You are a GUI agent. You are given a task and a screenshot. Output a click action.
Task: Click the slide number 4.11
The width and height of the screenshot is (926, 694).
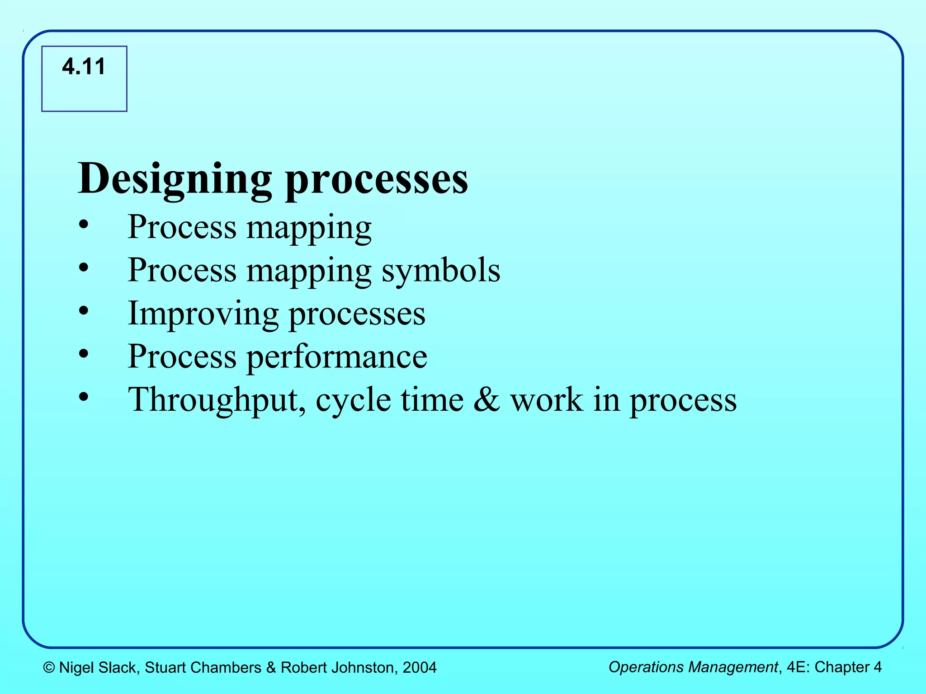coord(84,67)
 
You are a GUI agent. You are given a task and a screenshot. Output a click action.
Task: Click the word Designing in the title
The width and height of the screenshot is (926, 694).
coord(175,179)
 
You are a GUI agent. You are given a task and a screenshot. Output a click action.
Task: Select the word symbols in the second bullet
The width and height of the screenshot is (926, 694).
coord(441,271)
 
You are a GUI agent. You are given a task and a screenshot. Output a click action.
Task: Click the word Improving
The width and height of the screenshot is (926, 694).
coord(203,314)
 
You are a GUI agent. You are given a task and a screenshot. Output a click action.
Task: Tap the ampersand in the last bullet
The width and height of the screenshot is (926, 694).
coord(487,400)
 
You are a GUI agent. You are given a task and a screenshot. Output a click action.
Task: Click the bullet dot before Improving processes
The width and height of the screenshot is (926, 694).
coord(83,310)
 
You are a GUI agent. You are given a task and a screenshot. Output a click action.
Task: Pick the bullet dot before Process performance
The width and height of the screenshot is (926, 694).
coord(83,354)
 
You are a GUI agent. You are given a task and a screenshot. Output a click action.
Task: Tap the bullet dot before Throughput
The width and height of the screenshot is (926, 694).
coord(83,397)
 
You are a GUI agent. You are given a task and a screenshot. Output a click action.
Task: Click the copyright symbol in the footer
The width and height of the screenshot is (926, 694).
coord(49,668)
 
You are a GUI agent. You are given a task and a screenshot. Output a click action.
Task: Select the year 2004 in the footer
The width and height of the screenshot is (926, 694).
coord(420,668)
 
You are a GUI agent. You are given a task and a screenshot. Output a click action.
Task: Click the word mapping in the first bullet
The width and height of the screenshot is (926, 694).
coord(309,228)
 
